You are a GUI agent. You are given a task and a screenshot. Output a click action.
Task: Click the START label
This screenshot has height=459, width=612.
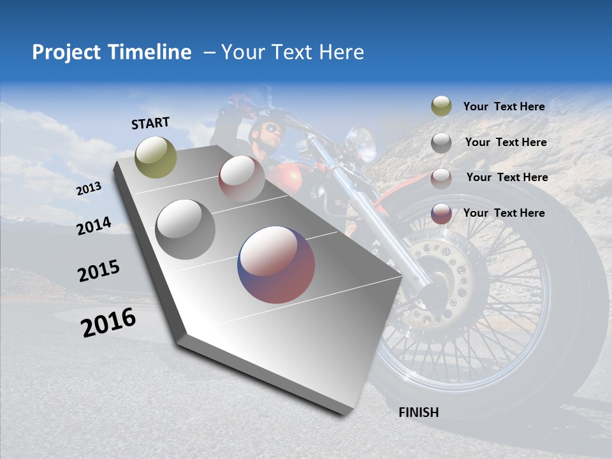150,123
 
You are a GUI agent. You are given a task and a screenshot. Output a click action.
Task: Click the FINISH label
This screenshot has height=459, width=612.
418,412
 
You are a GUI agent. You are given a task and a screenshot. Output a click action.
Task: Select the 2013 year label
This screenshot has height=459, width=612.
89,189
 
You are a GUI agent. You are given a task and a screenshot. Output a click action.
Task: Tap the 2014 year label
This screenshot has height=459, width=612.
94,226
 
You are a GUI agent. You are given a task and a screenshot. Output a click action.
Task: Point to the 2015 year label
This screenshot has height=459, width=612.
99,271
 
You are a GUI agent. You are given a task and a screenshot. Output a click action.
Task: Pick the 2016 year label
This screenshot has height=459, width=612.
108,322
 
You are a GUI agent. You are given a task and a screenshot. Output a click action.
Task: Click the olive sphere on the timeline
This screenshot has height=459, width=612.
156,157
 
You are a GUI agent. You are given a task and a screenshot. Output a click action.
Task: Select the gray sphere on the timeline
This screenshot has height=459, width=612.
185,229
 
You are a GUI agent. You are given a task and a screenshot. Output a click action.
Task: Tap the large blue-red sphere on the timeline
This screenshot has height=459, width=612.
276,265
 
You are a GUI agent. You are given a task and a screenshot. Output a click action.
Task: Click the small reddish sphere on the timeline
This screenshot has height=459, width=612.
242,178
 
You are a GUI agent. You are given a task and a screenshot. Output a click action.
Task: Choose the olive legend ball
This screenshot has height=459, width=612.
441,106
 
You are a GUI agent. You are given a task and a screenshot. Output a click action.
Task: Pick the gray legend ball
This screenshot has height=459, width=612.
441,143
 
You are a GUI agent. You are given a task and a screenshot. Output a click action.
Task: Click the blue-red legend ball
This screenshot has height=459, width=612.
441,214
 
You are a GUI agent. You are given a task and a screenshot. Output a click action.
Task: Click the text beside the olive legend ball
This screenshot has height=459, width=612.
504,106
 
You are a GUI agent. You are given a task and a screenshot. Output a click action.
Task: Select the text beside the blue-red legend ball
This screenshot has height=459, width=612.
504,213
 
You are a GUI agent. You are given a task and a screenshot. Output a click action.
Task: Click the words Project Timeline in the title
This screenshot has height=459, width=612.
112,52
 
